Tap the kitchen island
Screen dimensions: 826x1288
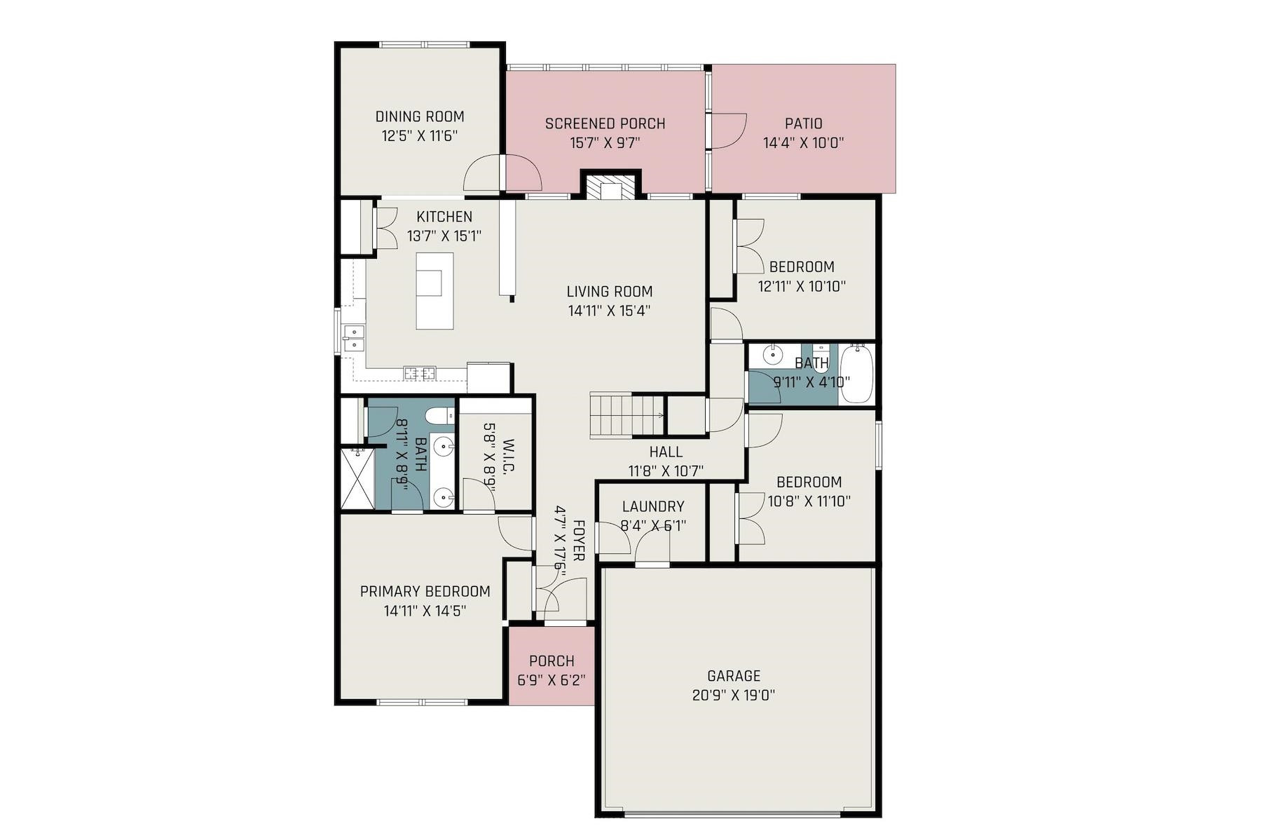point(434,290)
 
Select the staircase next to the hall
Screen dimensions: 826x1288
point(626,416)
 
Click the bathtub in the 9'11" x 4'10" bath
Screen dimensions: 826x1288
point(856,373)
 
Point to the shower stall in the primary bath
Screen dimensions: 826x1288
point(357,478)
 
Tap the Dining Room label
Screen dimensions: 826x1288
point(420,116)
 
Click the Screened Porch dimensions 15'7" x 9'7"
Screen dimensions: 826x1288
point(605,143)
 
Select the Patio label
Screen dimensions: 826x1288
point(803,123)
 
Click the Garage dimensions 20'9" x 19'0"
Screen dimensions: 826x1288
point(733,696)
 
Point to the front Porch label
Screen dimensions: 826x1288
point(551,661)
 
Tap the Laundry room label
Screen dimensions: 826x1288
point(652,506)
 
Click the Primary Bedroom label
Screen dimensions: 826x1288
point(425,591)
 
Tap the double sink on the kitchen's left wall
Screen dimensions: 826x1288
point(352,338)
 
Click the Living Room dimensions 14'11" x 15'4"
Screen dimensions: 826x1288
point(609,311)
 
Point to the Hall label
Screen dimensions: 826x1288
point(665,452)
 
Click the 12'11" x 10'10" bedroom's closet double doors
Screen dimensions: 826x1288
point(748,246)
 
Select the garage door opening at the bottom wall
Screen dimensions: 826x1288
point(732,814)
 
